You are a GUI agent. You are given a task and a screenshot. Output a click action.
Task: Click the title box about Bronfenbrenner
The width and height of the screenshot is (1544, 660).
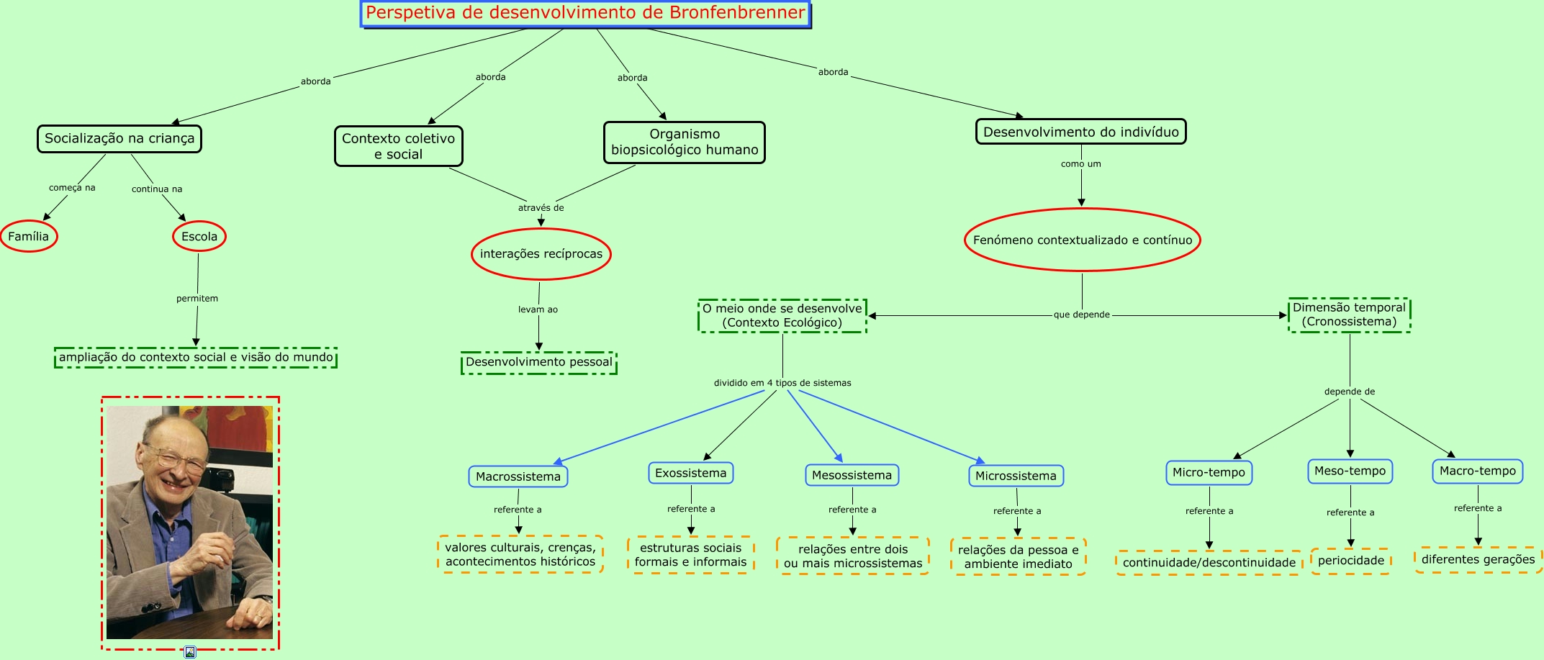pos(586,14)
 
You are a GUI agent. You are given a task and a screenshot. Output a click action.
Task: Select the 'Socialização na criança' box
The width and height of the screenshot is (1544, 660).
pos(119,139)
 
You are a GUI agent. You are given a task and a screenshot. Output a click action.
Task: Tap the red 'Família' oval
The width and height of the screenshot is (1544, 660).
pos(29,236)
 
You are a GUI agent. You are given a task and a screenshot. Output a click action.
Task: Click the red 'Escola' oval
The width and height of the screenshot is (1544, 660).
pos(199,236)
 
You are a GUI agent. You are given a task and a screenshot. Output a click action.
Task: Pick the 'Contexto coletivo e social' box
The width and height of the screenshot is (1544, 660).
pos(399,146)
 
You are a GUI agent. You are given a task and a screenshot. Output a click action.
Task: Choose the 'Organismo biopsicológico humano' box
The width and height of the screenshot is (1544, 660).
pos(685,143)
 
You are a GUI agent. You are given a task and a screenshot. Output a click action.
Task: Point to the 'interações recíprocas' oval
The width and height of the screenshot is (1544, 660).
pos(541,254)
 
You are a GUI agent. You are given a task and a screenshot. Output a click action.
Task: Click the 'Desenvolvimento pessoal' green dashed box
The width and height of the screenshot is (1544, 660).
pos(539,362)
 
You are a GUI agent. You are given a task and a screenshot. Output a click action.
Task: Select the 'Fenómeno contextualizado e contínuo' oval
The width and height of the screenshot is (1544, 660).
pos(1083,240)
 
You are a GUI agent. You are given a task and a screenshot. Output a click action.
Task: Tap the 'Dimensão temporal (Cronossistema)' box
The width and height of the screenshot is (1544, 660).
pos(1350,315)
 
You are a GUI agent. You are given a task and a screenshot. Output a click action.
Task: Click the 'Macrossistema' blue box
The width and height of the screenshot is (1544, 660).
pos(518,476)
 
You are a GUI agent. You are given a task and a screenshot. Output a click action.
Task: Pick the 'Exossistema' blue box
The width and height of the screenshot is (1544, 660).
pos(691,473)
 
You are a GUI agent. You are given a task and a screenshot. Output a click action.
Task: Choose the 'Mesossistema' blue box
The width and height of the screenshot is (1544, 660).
pos(852,475)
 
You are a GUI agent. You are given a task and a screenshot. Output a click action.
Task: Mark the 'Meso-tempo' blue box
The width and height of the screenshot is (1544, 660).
pos(1350,471)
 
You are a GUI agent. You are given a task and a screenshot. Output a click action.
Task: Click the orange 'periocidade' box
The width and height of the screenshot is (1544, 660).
pos(1351,561)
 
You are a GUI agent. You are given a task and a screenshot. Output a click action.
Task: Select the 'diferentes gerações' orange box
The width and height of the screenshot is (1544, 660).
pos(1478,559)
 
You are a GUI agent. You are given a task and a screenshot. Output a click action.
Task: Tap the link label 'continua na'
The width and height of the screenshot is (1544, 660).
pos(157,189)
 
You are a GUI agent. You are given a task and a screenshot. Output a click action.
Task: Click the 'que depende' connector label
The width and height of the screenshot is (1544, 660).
pos(1082,315)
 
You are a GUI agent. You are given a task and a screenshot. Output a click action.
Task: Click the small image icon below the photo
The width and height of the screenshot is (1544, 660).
pos(190,652)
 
